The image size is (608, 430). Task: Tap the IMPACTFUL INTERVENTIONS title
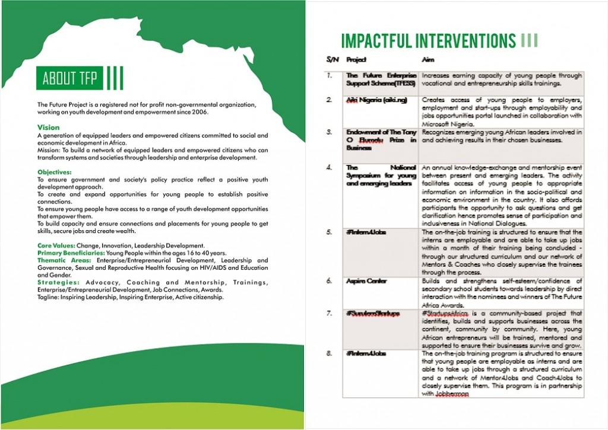pos(428,41)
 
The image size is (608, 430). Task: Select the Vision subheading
pos(48,128)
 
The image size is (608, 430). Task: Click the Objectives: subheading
pos(54,172)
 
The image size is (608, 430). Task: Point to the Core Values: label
pos(57,246)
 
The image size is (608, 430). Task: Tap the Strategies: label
pos(58,282)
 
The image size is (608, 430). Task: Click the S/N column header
pos(331,60)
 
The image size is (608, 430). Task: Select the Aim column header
pos(427,60)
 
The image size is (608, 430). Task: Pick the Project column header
pos(356,60)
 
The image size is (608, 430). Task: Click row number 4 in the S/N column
pos(329,168)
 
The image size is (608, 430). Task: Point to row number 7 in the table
pos(329,313)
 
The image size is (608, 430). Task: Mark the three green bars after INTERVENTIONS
pos(529,40)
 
